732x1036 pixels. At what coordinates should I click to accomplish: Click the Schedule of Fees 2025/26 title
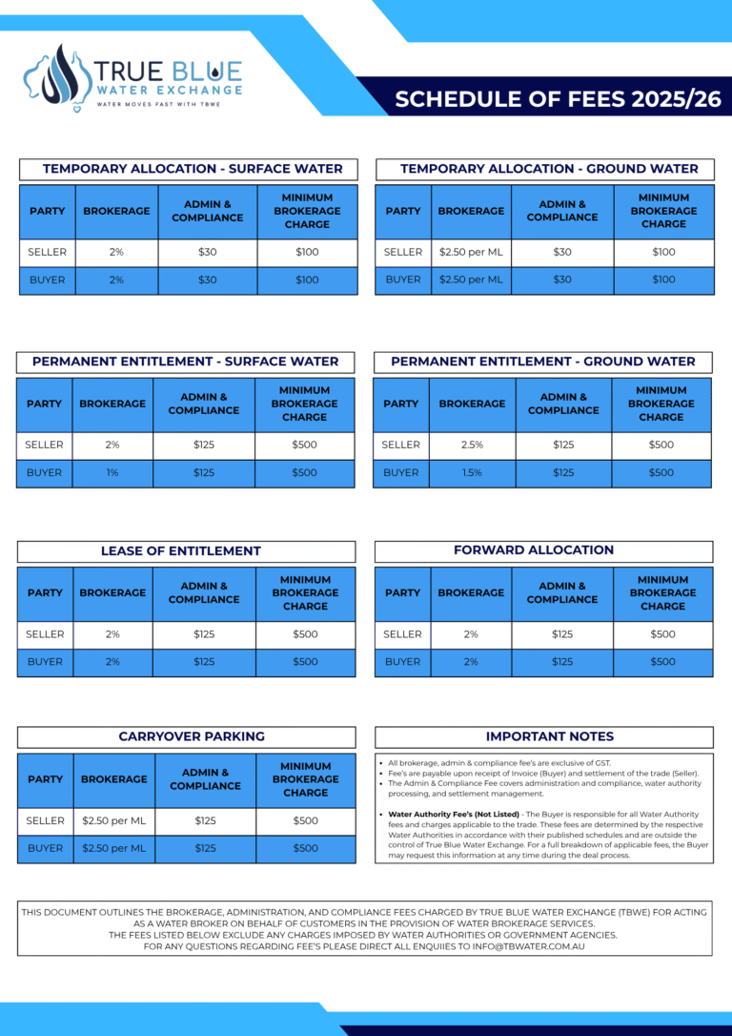click(558, 99)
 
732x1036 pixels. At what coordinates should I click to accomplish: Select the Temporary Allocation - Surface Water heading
click(189, 169)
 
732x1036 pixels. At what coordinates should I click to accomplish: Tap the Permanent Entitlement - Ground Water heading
click(543, 362)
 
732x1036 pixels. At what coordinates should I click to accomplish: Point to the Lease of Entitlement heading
click(181, 550)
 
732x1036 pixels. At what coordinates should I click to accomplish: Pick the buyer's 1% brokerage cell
click(112, 472)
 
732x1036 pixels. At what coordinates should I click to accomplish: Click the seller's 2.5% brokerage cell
click(472, 445)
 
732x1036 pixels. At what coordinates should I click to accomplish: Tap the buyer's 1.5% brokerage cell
click(472, 472)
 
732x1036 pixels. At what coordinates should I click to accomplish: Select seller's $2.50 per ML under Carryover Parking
click(113, 820)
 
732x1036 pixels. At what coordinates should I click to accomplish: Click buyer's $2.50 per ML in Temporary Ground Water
click(471, 280)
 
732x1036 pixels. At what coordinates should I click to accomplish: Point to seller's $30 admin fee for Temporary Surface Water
click(208, 252)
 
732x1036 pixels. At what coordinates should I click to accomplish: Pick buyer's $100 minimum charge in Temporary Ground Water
click(663, 280)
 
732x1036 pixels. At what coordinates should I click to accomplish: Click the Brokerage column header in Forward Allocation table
click(471, 592)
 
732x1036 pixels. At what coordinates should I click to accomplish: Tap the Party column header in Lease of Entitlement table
click(45, 592)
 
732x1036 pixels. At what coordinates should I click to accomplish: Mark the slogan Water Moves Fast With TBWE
click(156, 103)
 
